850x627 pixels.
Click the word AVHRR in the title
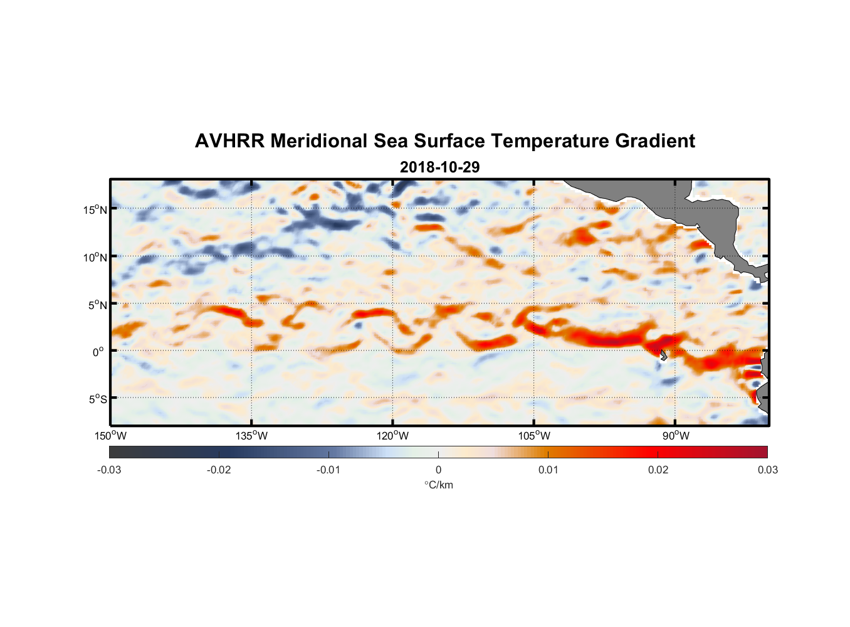(229, 141)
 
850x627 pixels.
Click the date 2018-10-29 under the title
(439, 167)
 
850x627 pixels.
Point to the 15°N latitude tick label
(95, 209)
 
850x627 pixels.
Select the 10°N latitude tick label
(95, 257)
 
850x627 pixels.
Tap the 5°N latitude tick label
(97, 305)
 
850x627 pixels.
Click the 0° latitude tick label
(98, 352)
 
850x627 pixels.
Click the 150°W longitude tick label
(110, 436)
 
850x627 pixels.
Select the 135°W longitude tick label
(251, 436)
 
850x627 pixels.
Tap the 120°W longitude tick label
(393, 436)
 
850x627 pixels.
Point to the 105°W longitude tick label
(534, 436)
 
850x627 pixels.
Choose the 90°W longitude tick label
(675, 436)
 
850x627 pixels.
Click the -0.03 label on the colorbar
(109, 470)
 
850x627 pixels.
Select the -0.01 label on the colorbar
(328, 470)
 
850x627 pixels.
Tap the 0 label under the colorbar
(438, 470)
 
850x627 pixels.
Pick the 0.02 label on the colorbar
(658, 470)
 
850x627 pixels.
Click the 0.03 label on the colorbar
(767, 470)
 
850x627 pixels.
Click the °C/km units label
(438, 485)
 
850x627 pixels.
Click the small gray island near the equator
(663, 355)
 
